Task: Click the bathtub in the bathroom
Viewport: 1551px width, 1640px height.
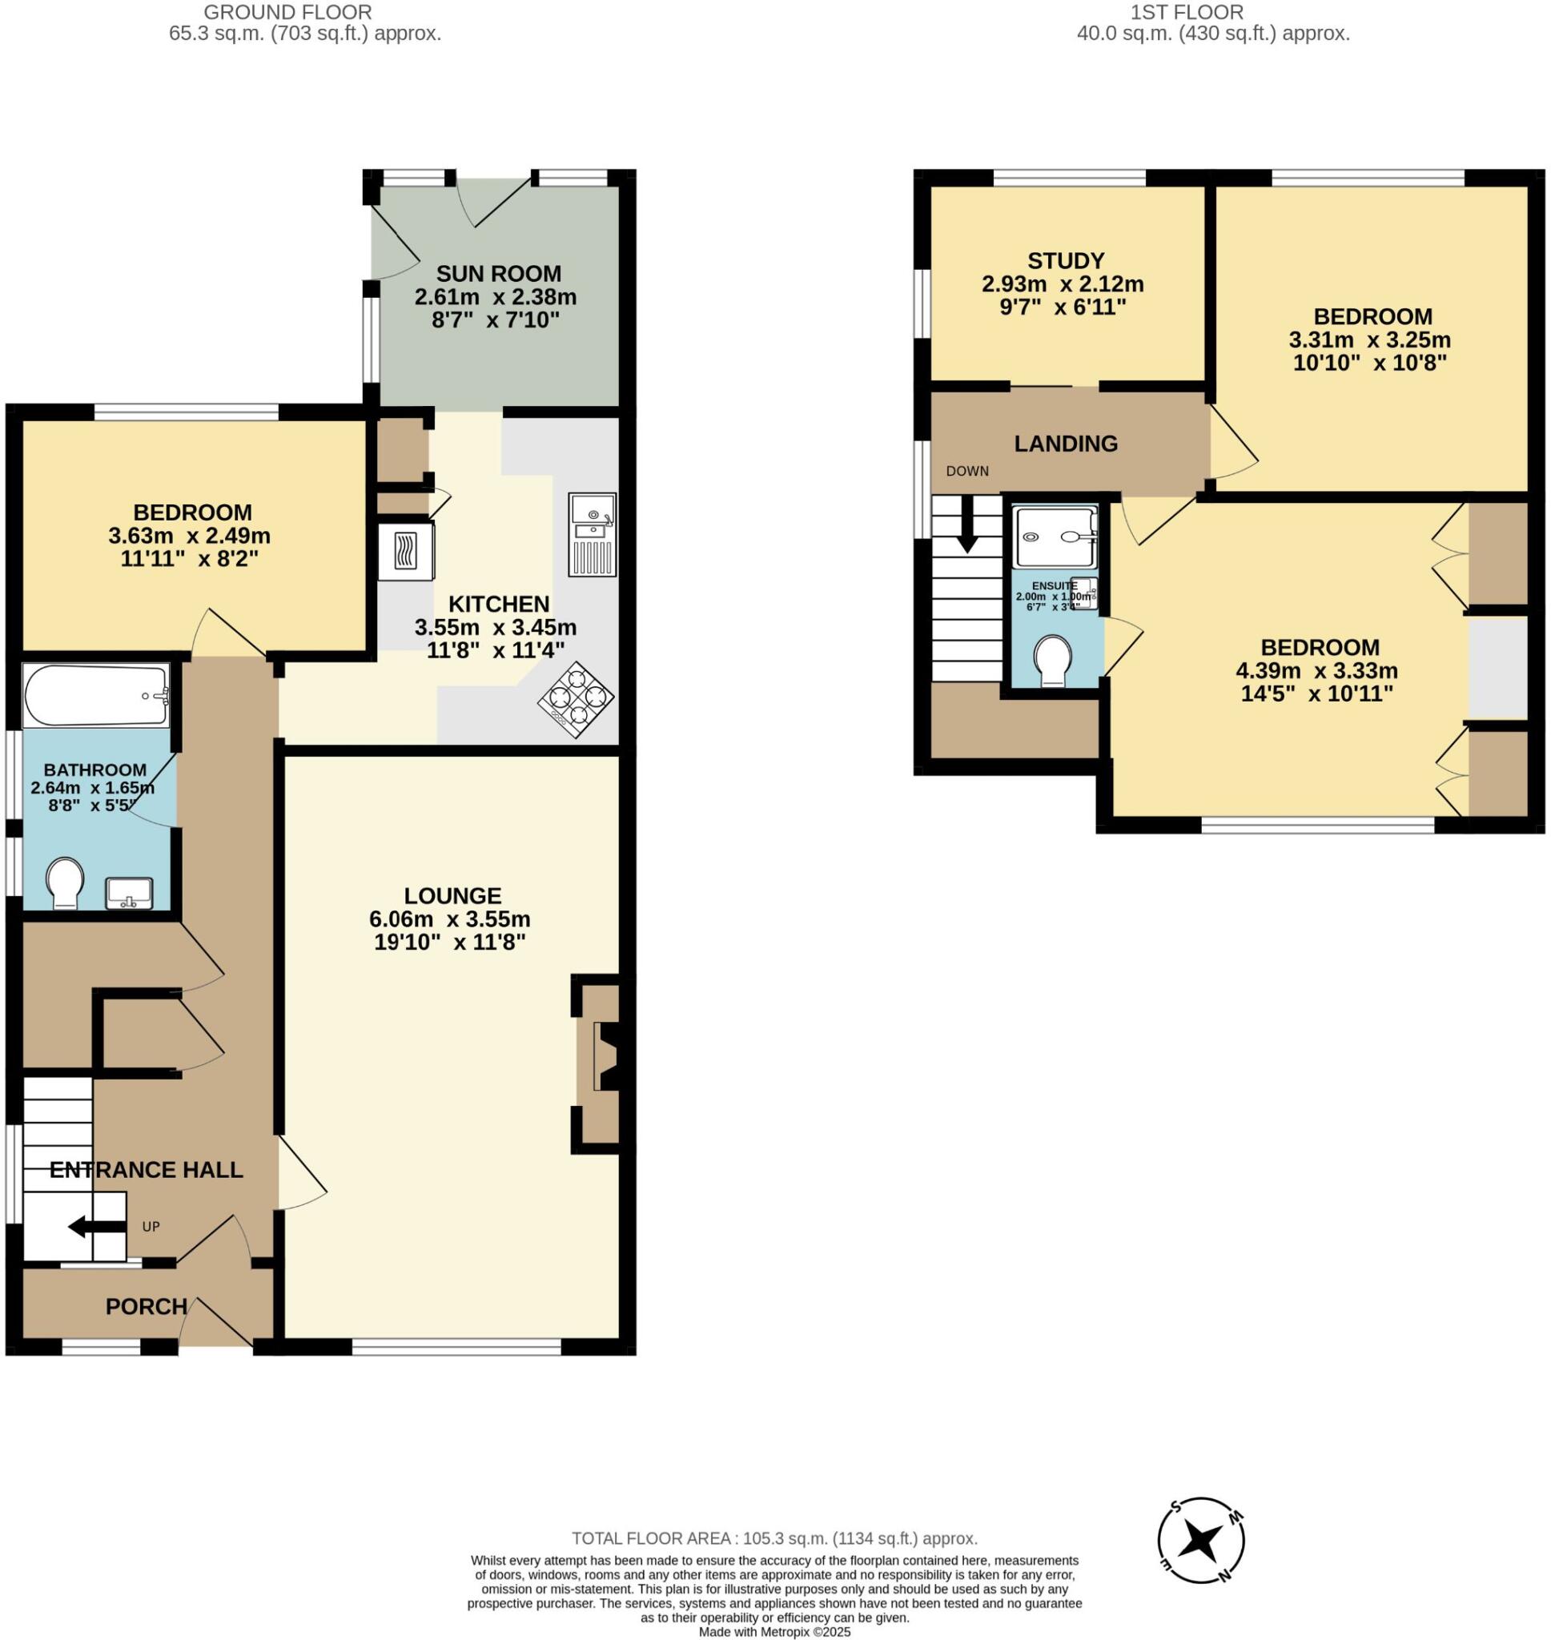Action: point(95,695)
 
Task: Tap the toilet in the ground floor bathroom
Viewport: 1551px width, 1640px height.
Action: point(66,882)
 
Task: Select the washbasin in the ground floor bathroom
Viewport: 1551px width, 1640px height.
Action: point(129,893)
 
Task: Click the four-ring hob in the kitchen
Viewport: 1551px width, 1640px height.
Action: point(576,699)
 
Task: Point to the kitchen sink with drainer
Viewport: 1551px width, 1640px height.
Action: point(592,534)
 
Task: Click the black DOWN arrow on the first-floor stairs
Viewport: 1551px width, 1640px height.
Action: point(966,534)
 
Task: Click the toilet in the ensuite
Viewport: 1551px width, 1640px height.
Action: point(1052,660)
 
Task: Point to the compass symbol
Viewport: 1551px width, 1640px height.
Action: point(1200,1541)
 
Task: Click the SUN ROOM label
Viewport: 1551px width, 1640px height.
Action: point(498,274)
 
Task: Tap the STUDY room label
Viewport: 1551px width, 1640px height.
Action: point(1065,261)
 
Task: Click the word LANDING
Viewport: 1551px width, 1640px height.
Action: point(1065,444)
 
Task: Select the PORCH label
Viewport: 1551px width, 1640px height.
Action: point(146,1307)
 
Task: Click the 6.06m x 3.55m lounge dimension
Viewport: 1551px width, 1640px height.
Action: point(450,919)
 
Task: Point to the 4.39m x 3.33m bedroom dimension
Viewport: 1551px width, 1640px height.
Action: point(1316,670)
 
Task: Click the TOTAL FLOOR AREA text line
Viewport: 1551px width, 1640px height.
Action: point(773,1538)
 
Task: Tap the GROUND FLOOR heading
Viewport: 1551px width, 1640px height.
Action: point(287,12)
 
